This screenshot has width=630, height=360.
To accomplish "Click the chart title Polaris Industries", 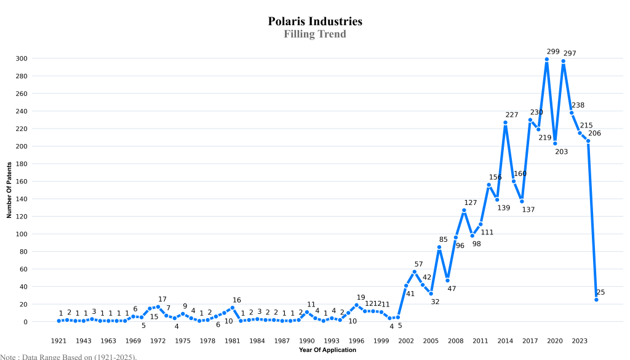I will [x=315, y=22].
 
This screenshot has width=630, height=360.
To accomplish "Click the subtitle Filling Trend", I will [x=315, y=34].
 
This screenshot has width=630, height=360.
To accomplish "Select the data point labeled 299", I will [x=546, y=60].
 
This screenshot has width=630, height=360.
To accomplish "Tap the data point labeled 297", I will [x=563, y=61].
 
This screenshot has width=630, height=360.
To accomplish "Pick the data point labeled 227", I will [x=505, y=122].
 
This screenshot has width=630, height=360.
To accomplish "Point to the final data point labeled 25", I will [x=596, y=300].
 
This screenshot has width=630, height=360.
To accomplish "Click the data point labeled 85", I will [x=439, y=247].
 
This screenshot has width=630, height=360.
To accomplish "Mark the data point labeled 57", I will [x=414, y=271].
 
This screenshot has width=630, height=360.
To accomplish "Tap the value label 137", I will [x=528, y=210].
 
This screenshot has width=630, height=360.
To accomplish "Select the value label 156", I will [x=495, y=177].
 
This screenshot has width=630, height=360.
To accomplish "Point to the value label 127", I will [x=471, y=202].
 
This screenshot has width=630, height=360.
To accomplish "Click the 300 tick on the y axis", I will [x=22, y=58].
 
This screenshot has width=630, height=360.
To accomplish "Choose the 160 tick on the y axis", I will [x=22, y=182].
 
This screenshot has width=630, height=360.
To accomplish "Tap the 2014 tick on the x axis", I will [x=505, y=340].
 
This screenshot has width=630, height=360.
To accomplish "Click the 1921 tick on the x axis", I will [x=58, y=340].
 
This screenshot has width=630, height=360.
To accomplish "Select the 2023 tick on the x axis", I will [x=580, y=340].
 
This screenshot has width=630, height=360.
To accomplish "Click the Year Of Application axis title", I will [x=327, y=350].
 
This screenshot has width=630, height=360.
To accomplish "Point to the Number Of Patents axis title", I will [x=9, y=190].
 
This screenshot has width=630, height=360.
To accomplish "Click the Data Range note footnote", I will [x=68, y=356].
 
